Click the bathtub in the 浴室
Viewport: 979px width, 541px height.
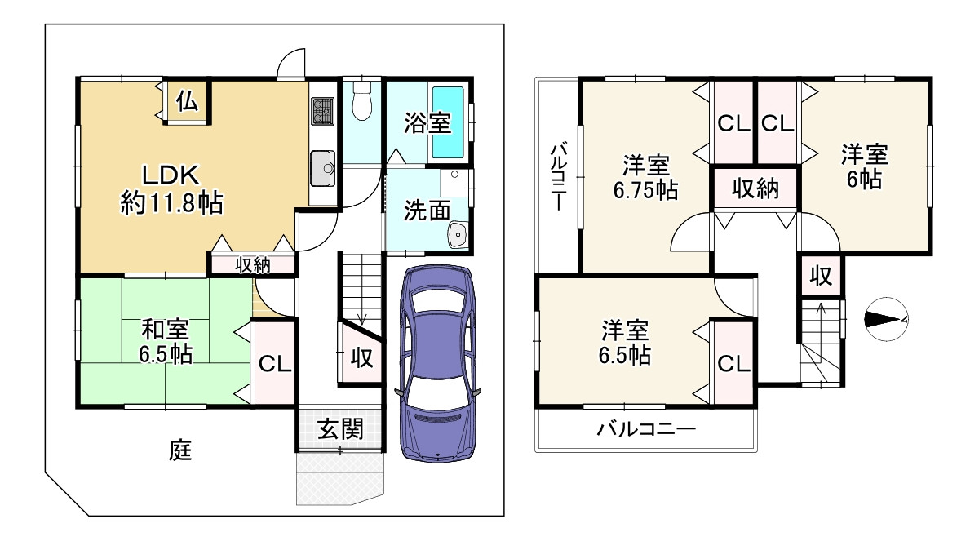(x=447, y=122)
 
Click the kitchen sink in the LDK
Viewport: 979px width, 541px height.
(x=322, y=169)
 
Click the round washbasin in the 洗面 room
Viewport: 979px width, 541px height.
(x=457, y=235)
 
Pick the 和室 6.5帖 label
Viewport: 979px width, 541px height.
(x=166, y=343)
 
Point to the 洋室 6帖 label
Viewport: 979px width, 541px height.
(x=865, y=166)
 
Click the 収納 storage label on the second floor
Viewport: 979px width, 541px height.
(x=755, y=189)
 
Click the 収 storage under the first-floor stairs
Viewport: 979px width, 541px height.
(x=360, y=357)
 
